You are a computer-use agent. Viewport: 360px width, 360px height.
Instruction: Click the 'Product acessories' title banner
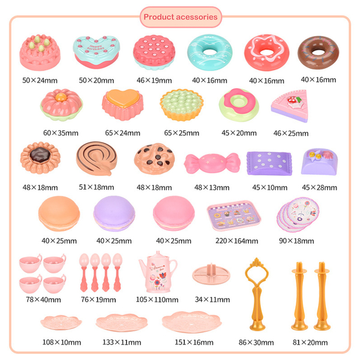pyautogui.click(x=180, y=17)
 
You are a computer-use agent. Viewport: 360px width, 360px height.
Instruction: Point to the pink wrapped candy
pyautogui.click(x=208, y=163)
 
